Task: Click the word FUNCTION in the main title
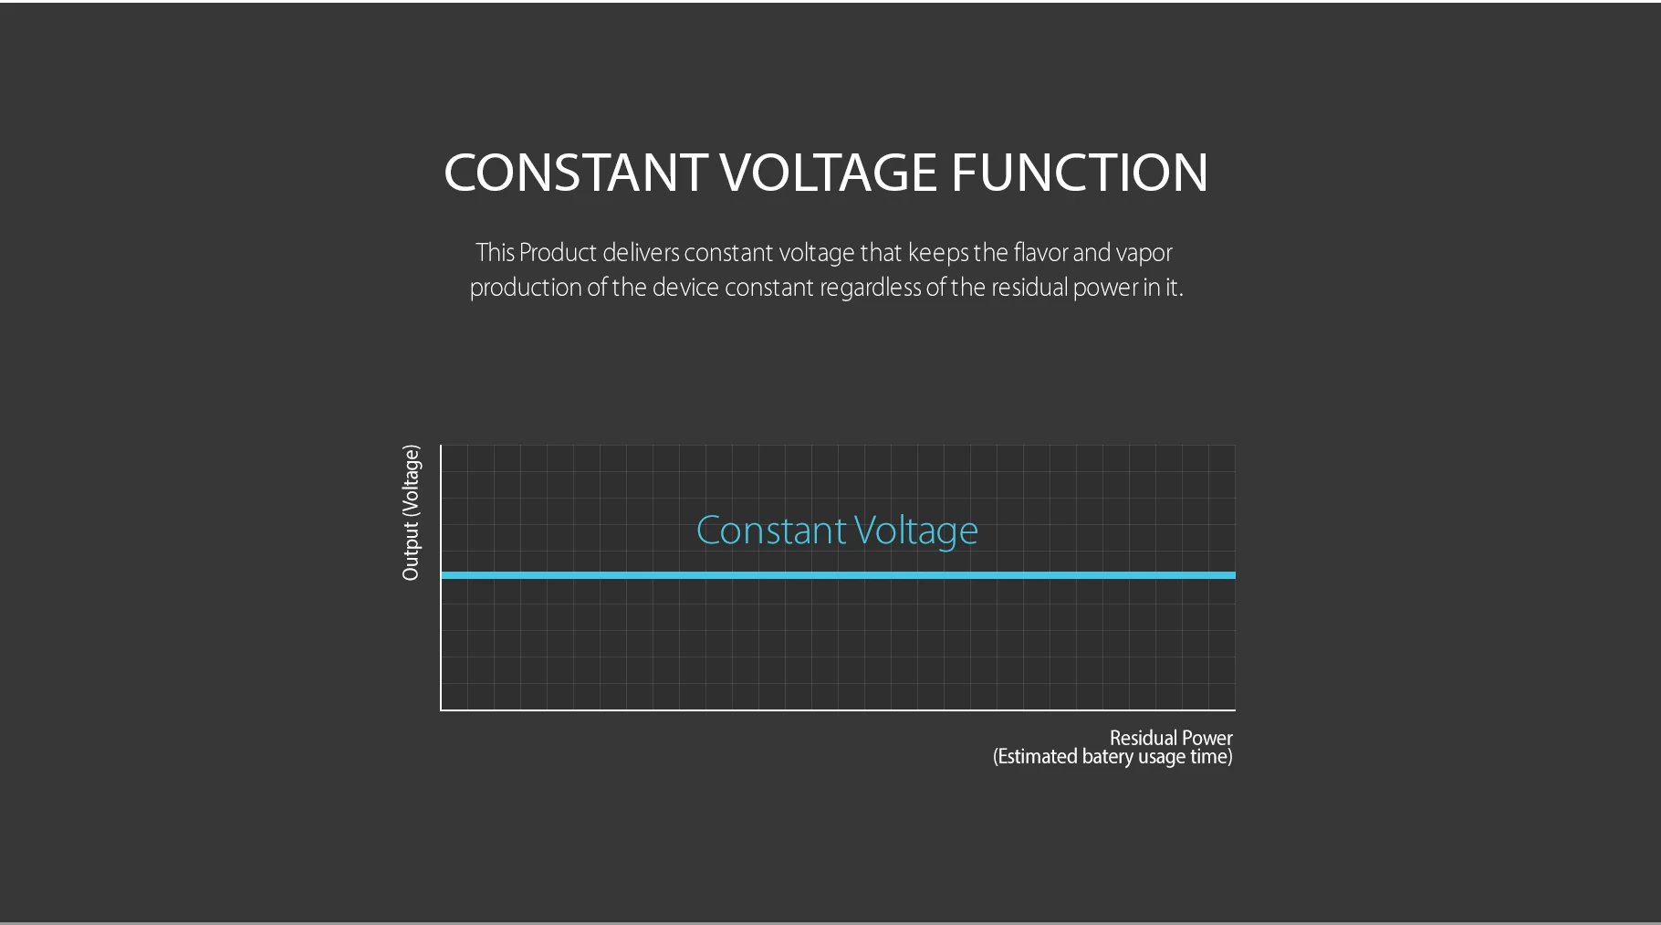pos(1080,173)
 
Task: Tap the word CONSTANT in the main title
pos(575,173)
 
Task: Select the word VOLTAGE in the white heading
pos(829,173)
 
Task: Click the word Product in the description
pos(558,253)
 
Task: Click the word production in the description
pos(525,289)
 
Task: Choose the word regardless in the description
pos(870,289)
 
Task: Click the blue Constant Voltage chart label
pos(837,531)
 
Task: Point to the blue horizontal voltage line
pos(838,575)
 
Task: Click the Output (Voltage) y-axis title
pos(411,512)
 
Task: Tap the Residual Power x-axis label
pos(1171,738)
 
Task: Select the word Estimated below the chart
pos(1038,757)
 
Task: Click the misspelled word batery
pos(1107,757)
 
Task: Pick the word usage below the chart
pos(1161,758)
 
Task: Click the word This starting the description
pos(495,253)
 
